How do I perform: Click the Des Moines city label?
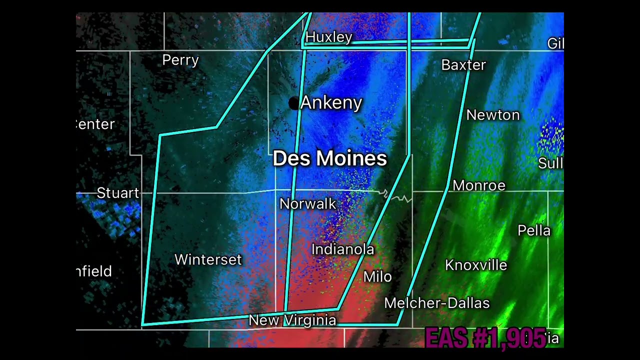pos(329,158)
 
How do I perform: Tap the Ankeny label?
pos(331,103)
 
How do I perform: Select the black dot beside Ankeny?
pos(293,103)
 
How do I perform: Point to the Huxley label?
pos(329,37)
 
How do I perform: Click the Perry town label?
pos(180,60)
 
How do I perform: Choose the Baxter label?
pos(463,65)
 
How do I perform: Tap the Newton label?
pos(493,115)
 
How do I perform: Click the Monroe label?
pos(479,185)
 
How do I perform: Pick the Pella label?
pos(534,230)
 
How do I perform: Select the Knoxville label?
pos(476,265)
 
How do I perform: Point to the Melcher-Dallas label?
pos(437,303)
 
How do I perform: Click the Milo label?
pos(377,276)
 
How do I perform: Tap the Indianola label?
pos(343,249)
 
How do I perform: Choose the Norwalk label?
pos(308,203)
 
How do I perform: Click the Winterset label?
pos(208,259)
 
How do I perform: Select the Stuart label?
pos(118,193)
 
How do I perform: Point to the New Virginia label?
pos(292,320)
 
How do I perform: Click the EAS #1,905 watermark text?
pos(485,338)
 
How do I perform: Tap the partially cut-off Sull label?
pos(550,163)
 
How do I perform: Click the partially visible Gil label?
pos(555,43)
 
